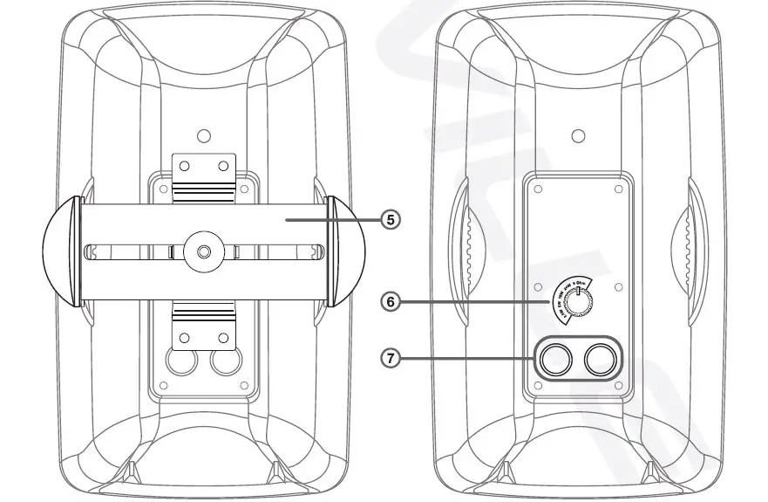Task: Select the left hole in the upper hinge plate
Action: pos(184,165)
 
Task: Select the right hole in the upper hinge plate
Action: pos(222,165)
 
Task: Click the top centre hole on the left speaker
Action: pos(203,136)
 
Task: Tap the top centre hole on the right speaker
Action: pos(577,136)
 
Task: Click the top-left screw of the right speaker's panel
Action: pos(539,189)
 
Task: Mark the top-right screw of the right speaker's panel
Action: pos(616,189)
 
